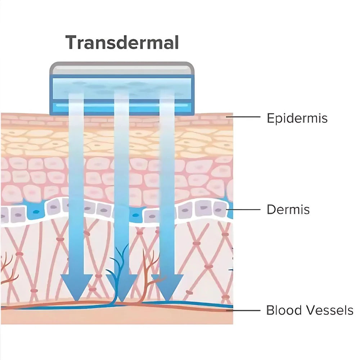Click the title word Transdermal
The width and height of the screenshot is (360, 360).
pyautogui.click(x=122, y=42)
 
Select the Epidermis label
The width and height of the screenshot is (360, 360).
pyautogui.click(x=297, y=118)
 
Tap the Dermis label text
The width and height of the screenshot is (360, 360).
pyautogui.click(x=288, y=210)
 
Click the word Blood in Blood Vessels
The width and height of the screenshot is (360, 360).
pyautogui.click(x=284, y=310)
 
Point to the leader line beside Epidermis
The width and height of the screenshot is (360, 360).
pyautogui.click(x=243, y=117)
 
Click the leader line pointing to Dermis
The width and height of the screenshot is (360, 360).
pyautogui.click(x=243, y=210)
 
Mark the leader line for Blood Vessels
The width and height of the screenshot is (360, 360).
pyautogui.click(x=243, y=310)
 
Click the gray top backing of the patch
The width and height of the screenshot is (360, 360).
pyautogui.click(x=122, y=68)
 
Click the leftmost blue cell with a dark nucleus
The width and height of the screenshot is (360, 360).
pyautogui.click(x=36, y=211)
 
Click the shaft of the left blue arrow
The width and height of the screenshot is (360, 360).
pyautogui.click(x=76, y=184)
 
